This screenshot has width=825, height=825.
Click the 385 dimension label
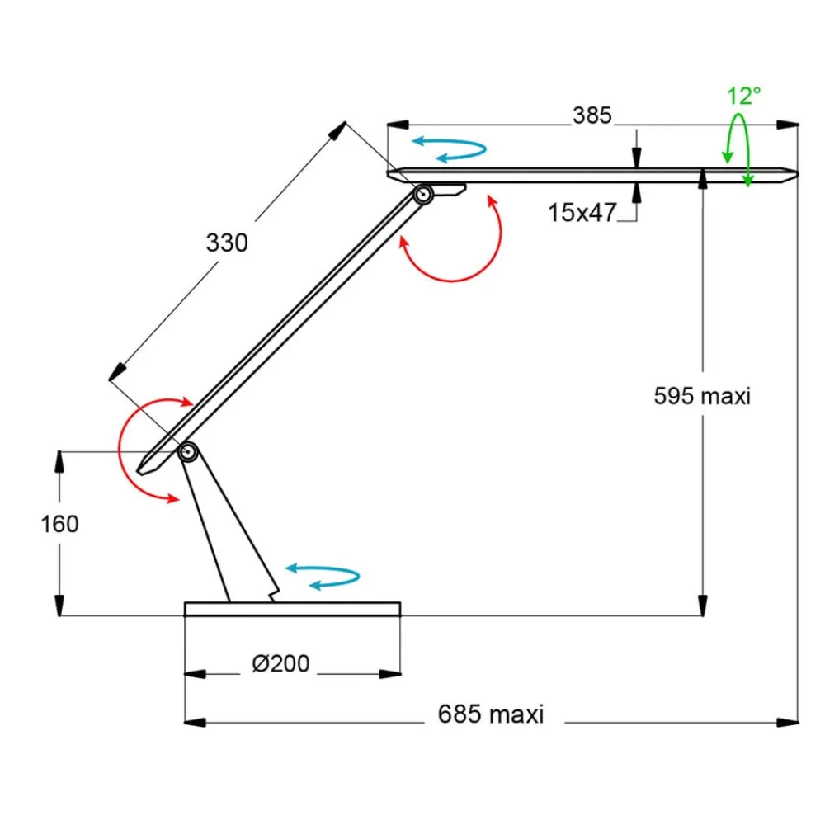click(x=592, y=115)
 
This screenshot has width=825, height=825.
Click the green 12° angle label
click(x=743, y=96)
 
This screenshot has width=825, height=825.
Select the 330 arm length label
click(x=226, y=243)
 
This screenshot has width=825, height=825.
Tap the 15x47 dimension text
click(x=582, y=213)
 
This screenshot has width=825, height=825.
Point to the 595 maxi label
click(x=702, y=395)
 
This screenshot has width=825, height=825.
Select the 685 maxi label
click(x=490, y=714)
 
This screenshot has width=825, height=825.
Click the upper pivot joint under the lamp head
click(x=423, y=195)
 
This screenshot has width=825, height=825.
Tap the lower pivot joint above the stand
click(x=188, y=451)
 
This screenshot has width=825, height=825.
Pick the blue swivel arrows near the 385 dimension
click(x=450, y=148)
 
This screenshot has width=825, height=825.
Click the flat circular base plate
click(x=292, y=609)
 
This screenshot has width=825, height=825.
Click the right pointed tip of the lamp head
click(x=794, y=173)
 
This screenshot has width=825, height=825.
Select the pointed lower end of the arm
click(x=146, y=468)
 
